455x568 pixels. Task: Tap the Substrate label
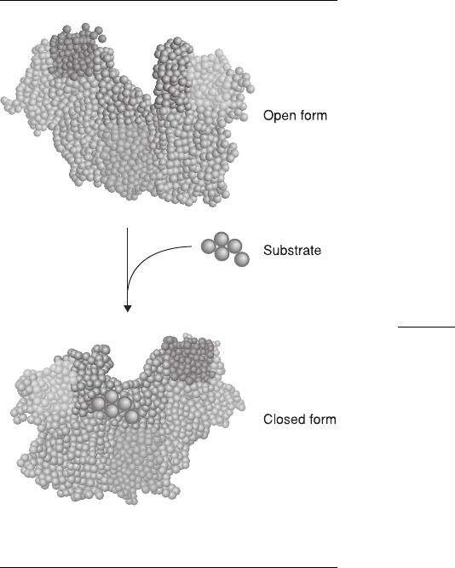tap(292, 250)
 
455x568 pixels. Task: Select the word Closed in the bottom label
tap(279, 419)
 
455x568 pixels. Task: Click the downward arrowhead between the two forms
tap(128, 308)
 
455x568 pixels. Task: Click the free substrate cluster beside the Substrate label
tap(225, 249)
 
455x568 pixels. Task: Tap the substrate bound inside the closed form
tap(115, 407)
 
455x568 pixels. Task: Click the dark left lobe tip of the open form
tap(75, 50)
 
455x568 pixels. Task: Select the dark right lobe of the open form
tap(173, 72)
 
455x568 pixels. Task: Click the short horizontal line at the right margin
tap(426, 327)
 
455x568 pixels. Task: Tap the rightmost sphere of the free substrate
tap(241, 259)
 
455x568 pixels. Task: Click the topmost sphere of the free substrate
tap(222, 240)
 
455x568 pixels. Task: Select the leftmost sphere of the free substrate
tap(209, 246)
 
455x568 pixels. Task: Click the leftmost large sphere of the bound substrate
tap(98, 403)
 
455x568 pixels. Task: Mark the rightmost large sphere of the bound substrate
tap(131, 416)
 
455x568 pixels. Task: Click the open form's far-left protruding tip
tap(4, 101)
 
